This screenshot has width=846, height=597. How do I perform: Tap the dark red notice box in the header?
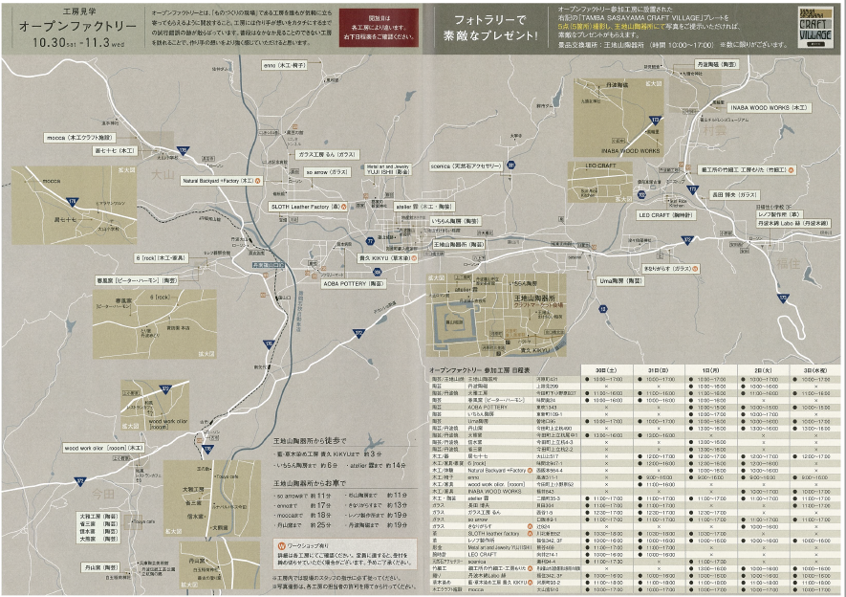click(x=379, y=28)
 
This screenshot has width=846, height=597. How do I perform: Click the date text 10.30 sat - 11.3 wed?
click(x=64, y=43)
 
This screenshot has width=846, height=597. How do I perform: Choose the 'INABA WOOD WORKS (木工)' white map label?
click(x=770, y=108)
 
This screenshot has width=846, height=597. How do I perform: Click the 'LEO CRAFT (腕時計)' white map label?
click(x=671, y=214)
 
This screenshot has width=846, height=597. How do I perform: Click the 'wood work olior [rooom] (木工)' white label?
click(x=103, y=447)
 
